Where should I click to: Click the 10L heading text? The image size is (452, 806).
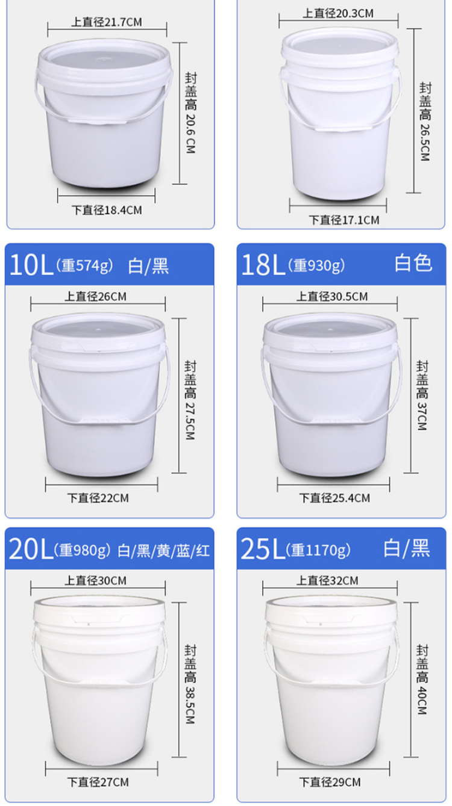pyautogui.click(x=31, y=265)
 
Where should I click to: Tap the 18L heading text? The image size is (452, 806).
pyautogui.click(x=263, y=265)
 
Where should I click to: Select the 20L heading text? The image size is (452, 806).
pyautogui.click(x=31, y=549)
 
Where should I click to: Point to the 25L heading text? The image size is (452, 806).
pyautogui.click(x=263, y=549)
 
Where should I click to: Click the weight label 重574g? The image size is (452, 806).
pyautogui.click(x=84, y=265)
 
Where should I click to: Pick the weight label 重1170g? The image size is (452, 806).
pyautogui.click(x=318, y=550)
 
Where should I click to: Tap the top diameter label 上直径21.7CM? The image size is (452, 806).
pyautogui.click(x=107, y=22)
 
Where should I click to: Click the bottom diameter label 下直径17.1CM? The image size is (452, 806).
pyautogui.click(x=344, y=220)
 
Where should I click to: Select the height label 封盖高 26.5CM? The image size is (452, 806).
pyautogui.click(x=425, y=122)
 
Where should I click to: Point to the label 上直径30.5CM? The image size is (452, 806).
pyautogui.click(x=332, y=297)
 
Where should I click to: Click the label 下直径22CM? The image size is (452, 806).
pyautogui.click(x=98, y=498)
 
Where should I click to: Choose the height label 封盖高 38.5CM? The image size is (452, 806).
pyautogui.click(x=190, y=684)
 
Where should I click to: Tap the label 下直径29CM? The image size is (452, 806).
pyautogui.click(x=330, y=783)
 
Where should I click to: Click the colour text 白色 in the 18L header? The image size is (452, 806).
pyautogui.click(x=413, y=263)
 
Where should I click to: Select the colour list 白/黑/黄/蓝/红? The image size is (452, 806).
pyautogui.click(x=164, y=551)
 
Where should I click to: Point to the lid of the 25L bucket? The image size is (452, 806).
pyautogui.click(x=331, y=608)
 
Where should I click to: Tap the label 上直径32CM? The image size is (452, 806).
pyautogui.click(x=327, y=581)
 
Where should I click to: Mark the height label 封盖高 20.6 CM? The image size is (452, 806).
pyautogui.click(x=190, y=113)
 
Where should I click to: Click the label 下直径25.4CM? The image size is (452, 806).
pyautogui.click(x=334, y=498)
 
